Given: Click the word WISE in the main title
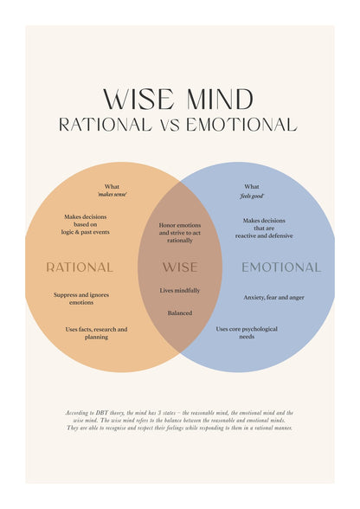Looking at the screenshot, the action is (x=138, y=99).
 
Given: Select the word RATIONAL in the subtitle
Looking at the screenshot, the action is (x=106, y=125).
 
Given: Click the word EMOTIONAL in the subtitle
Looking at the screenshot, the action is (x=241, y=125).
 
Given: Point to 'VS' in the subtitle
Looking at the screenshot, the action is (x=170, y=126).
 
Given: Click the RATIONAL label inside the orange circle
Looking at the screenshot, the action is (x=80, y=267).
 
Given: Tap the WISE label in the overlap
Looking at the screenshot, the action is (x=180, y=267).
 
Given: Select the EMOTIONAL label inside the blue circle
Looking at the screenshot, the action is (x=281, y=267).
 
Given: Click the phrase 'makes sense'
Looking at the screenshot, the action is (x=112, y=195).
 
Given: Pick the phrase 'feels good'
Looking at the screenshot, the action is (x=252, y=196).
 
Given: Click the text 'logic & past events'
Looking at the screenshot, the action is (x=86, y=232).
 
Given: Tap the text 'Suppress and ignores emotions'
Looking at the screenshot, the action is (x=81, y=299).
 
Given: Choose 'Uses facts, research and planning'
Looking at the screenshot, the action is (x=96, y=333).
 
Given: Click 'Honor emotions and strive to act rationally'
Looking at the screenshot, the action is (x=180, y=233).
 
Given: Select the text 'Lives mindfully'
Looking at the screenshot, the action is (x=180, y=291).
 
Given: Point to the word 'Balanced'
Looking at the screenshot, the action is (x=180, y=313).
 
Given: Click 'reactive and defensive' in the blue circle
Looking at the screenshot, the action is (x=264, y=236).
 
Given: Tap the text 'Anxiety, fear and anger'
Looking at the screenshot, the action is (x=274, y=298).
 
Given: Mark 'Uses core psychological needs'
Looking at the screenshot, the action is (x=247, y=332).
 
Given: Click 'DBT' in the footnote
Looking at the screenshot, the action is (x=101, y=413).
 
